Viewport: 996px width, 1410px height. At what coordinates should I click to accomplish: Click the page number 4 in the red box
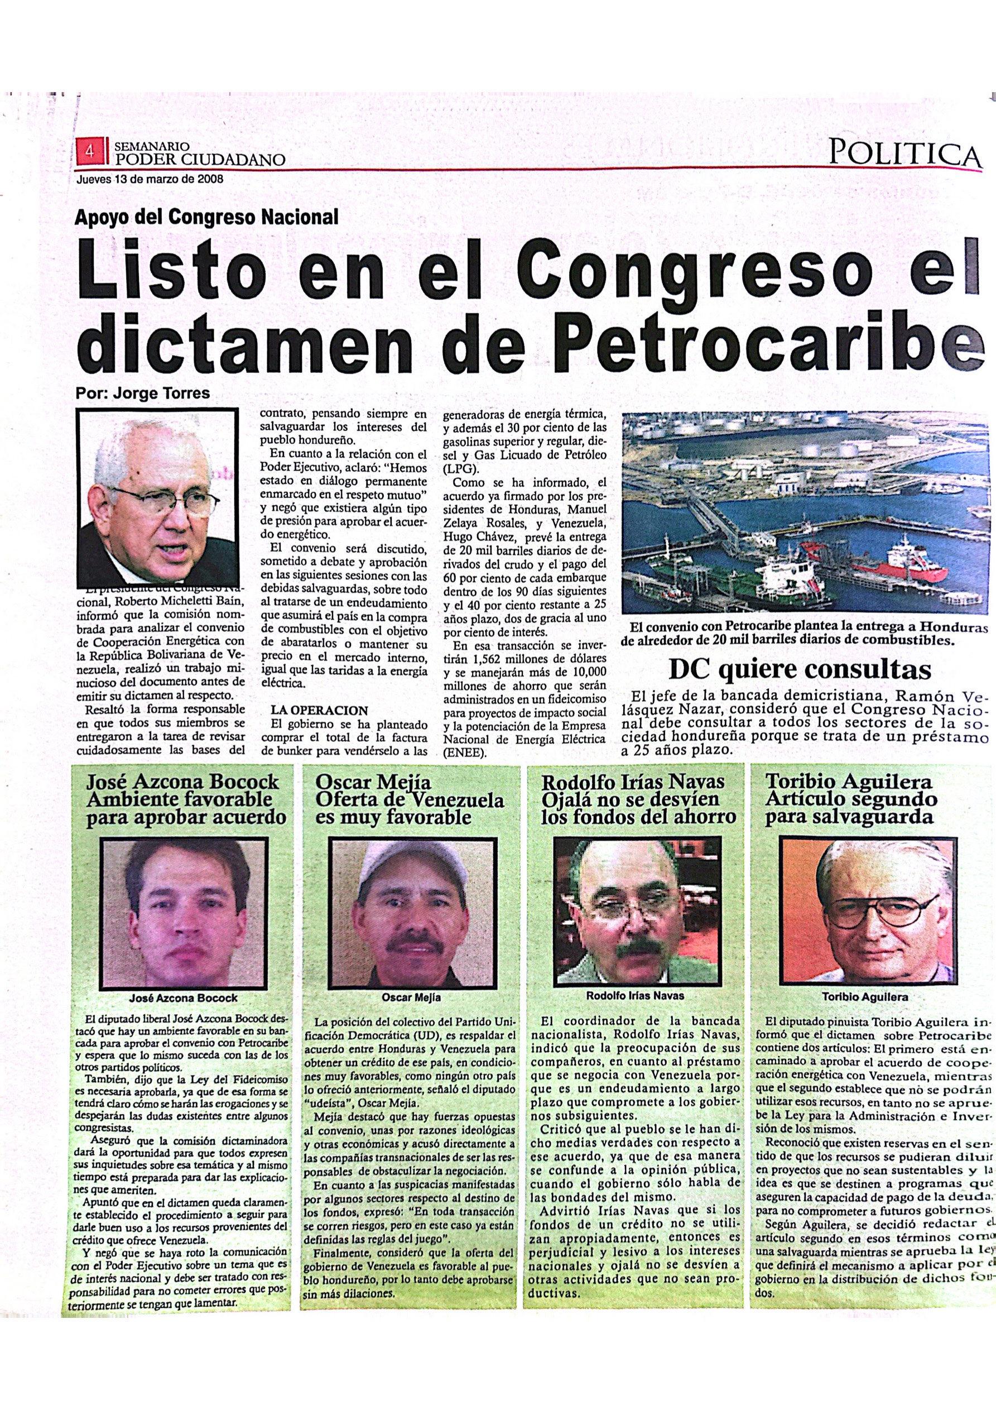point(90,151)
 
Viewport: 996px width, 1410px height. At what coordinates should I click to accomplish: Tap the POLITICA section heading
point(904,152)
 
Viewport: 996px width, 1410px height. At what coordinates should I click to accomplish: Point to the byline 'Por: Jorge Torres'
point(142,394)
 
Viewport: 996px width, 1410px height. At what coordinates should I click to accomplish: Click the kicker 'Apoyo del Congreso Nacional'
point(206,217)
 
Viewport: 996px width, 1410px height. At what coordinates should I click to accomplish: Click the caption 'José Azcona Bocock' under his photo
point(183,998)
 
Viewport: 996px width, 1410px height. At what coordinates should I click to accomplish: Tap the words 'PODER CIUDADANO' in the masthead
point(199,160)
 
